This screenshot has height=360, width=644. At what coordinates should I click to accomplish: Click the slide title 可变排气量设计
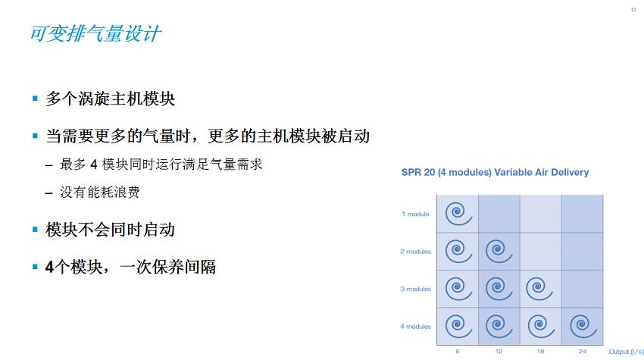[x=95, y=35]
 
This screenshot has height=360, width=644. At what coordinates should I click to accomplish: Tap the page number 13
[x=633, y=9]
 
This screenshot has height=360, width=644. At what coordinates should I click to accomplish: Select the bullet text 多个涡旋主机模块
[x=111, y=99]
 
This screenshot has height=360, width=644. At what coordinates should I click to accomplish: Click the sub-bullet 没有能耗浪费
[x=100, y=193]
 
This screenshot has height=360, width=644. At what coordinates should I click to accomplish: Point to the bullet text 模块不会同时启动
[x=111, y=229]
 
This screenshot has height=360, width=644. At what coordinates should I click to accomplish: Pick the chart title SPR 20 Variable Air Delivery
[x=495, y=173]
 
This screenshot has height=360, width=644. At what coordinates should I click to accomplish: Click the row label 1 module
[x=415, y=214]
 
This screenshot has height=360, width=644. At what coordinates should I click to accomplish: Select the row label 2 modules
[x=415, y=252]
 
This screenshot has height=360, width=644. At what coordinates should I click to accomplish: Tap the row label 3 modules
[x=415, y=289]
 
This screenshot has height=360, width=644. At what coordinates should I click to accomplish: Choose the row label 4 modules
[x=415, y=327]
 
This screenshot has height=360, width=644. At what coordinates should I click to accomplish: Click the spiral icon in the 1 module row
[x=457, y=213]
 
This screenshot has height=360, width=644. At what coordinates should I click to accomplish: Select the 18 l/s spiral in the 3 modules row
[x=539, y=289]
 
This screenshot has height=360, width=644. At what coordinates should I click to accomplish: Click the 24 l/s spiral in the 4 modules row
[x=581, y=326]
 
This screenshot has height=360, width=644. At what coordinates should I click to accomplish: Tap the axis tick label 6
[x=458, y=352]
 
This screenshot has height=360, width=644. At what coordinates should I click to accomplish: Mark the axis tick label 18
[x=539, y=352]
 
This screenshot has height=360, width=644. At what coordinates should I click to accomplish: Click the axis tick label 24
[x=581, y=352]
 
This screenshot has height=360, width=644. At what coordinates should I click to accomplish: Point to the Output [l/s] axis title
[x=624, y=352]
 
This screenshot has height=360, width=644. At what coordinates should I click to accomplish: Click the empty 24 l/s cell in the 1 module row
[x=582, y=214]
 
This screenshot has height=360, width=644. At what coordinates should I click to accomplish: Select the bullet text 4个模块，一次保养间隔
[x=130, y=267]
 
